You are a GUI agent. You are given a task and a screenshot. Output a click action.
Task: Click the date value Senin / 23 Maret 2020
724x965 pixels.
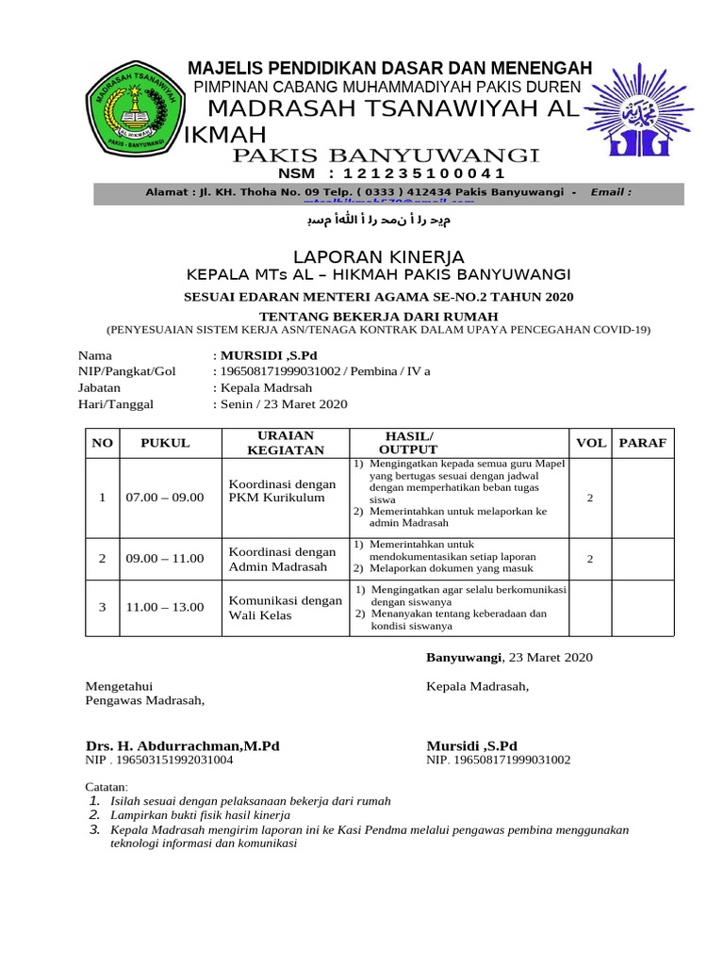point(284,403)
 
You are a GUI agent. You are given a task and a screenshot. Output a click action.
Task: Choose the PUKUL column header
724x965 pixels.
point(165,442)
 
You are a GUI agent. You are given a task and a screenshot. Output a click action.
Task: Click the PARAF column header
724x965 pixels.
point(642,442)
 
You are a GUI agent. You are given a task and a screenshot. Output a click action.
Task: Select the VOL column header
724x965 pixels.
point(591,442)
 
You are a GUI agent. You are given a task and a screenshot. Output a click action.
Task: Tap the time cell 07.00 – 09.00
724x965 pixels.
point(165,497)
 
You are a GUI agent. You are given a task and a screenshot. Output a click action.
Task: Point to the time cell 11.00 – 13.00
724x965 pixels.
point(165,607)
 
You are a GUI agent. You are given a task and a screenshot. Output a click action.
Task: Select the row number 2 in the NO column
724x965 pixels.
point(102,558)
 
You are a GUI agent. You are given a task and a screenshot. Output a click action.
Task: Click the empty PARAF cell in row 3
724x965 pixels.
point(642,607)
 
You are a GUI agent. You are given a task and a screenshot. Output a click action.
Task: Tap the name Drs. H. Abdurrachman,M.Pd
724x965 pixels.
point(183,745)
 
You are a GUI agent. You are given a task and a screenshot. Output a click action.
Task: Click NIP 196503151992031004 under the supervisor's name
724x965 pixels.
point(159,760)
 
